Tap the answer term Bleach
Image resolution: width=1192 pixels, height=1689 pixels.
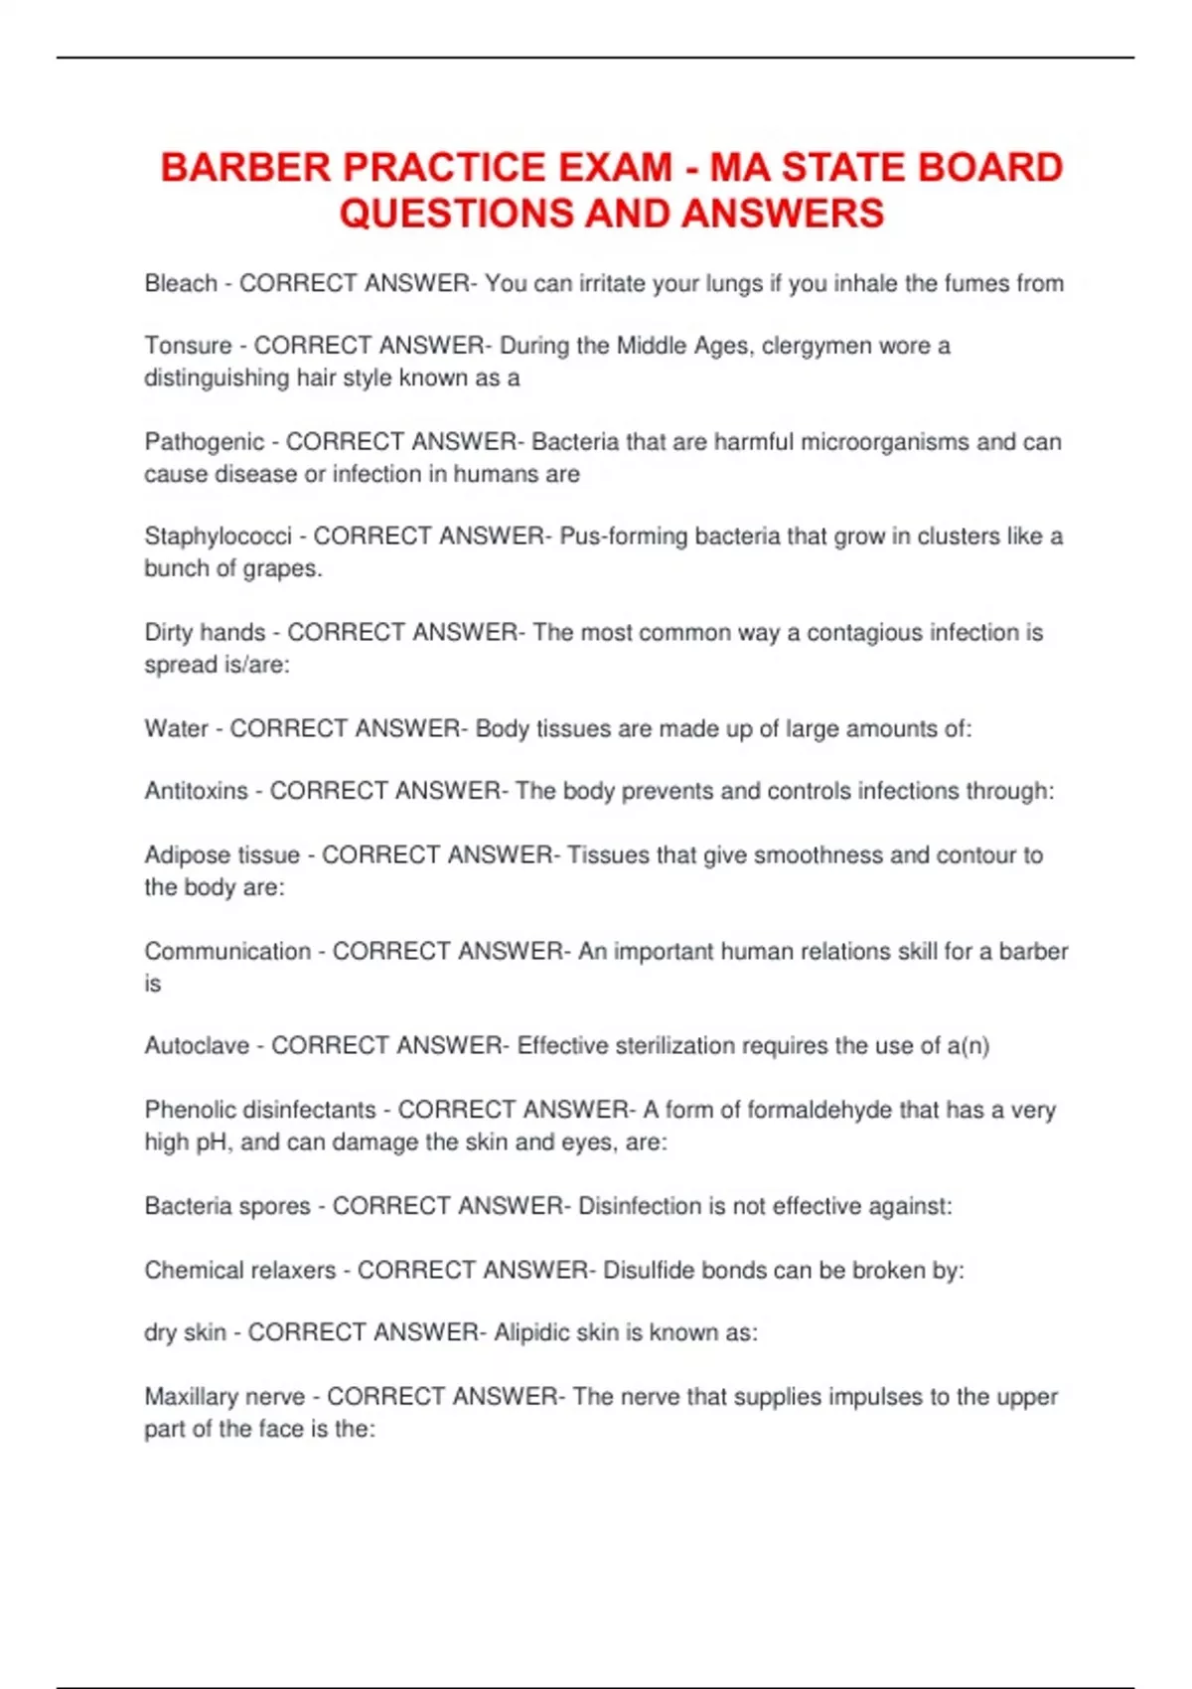[181, 283]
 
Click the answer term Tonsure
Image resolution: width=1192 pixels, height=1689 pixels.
[189, 346]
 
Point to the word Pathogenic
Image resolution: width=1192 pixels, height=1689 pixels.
[205, 441]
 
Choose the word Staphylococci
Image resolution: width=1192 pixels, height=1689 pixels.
[219, 537]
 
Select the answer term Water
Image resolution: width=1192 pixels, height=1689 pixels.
[177, 728]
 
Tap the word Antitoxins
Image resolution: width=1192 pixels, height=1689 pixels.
[197, 791]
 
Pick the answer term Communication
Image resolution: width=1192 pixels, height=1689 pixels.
[227, 951]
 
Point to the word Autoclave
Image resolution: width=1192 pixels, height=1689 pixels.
[197, 1045]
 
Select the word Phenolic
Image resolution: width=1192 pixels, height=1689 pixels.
[190, 1110]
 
